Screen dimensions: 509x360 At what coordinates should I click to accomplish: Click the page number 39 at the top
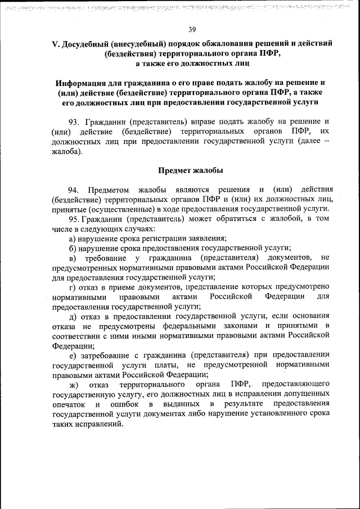tap(192, 29)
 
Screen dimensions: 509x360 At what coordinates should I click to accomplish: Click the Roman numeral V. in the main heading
tap(55, 43)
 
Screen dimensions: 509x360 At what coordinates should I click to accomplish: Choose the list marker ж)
tap(74, 385)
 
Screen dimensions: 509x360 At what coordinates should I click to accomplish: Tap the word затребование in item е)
tap(106, 355)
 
